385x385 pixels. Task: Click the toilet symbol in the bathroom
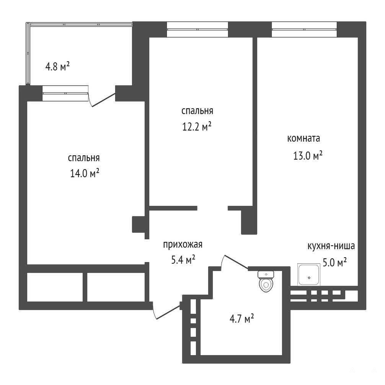tap(266, 282)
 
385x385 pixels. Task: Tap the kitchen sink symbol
tap(309, 274)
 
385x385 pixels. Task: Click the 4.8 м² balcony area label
tap(58, 66)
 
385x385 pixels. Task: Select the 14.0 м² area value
tap(85, 174)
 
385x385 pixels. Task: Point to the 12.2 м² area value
tap(197, 127)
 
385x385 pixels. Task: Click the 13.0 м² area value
tap(308, 155)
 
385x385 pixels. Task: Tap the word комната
tap(304, 139)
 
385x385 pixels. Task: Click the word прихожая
tap(183, 245)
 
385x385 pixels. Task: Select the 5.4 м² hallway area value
tap(183, 259)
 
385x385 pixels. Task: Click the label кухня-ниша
tap(331, 246)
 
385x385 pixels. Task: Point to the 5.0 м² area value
tap(334, 263)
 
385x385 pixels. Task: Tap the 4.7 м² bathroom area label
tap(241, 320)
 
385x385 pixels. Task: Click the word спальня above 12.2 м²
tap(197, 111)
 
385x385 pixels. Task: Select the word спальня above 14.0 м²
tap(84, 158)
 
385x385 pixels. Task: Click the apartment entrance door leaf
tap(168, 312)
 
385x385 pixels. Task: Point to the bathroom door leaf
tap(236, 262)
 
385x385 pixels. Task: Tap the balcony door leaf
tap(104, 100)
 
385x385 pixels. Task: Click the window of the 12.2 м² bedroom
tap(197, 29)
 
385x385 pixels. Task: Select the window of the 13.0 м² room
tap(304, 29)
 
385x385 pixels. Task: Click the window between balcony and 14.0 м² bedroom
tap(65, 93)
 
